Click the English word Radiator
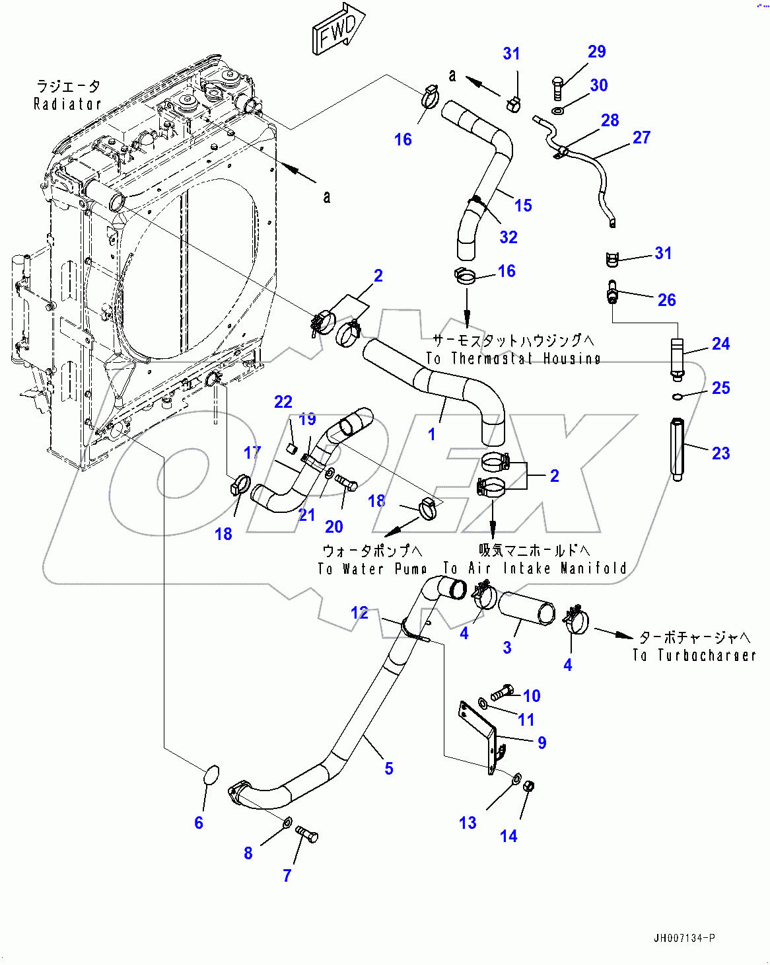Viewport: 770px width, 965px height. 67,104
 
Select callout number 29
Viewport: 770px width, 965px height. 596,52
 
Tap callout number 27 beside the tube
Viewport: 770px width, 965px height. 641,137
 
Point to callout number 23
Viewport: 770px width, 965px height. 720,453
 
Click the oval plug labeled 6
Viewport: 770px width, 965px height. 209,775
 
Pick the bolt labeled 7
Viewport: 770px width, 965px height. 306,834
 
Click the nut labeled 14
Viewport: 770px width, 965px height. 528,787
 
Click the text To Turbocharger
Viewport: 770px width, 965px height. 693,655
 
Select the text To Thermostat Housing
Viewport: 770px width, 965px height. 513,358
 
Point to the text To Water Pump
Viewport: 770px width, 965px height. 372,568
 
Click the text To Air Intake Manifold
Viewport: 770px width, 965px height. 535,568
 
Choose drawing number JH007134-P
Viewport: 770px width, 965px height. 684,938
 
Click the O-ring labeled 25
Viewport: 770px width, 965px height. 677,397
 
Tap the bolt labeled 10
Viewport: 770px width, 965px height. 502,692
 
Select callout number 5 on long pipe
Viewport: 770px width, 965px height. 389,768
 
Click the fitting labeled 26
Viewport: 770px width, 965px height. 612,292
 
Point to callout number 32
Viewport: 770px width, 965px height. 508,237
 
